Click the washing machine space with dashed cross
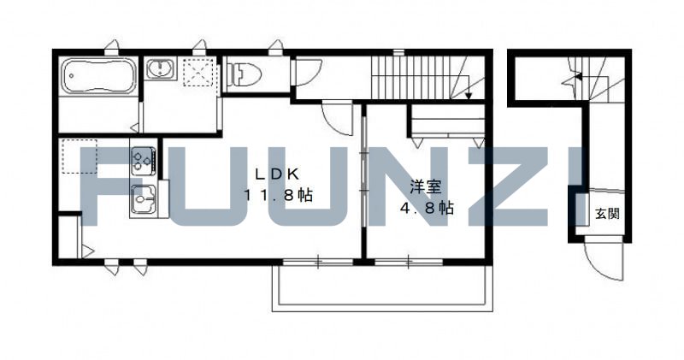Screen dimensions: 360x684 (x=199, y=72)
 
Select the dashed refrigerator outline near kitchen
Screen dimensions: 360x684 (x=80, y=155)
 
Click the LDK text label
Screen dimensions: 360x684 (x=271, y=172)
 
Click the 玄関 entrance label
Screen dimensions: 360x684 (x=608, y=213)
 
